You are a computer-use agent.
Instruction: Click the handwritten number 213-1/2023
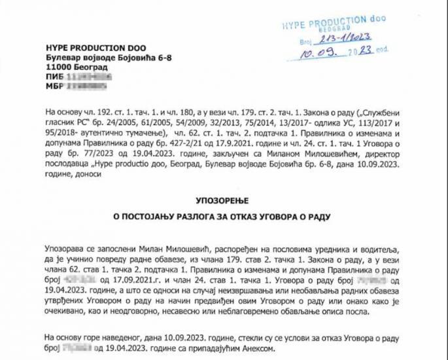coord(347,39)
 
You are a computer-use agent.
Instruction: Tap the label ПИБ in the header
coord(54,77)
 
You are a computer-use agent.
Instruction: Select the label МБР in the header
coord(54,86)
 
